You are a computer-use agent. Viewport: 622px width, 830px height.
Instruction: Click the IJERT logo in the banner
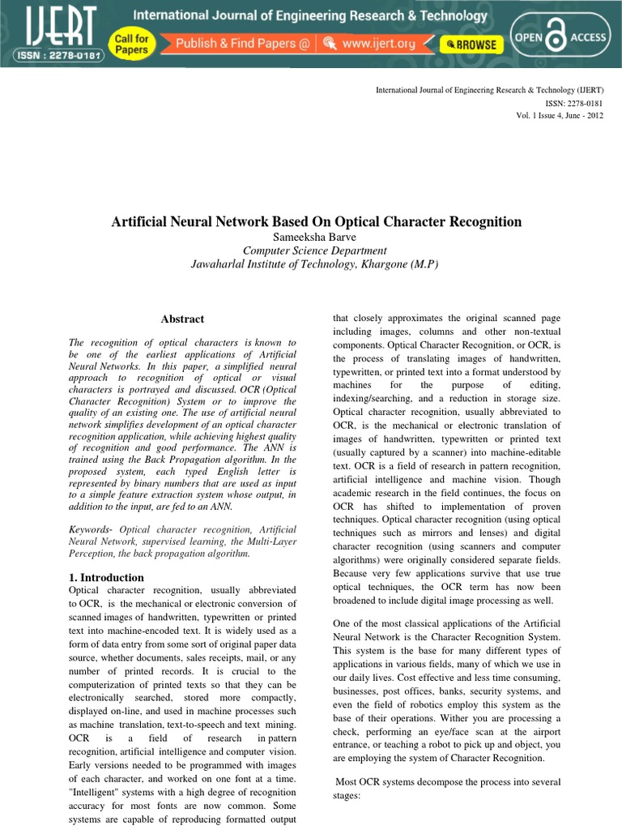pyautogui.click(x=50, y=25)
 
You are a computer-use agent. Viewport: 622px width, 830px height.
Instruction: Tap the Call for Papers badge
pyautogui.click(x=131, y=44)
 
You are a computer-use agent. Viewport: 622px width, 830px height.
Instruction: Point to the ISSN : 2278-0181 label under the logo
pyautogui.click(x=51, y=55)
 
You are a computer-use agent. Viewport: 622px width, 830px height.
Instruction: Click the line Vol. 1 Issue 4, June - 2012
pyautogui.click(x=560, y=116)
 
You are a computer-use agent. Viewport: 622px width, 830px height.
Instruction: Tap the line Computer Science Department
pyautogui.click(x=315, y=250)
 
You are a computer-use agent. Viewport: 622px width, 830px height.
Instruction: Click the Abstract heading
pyautogui.click(x=182, y=319)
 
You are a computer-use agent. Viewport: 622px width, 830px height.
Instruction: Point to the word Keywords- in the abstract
pyautogui.click(x=91, y=529)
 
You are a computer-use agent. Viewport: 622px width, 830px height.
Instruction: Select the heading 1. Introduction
pyautogui.click(x=107, y=578)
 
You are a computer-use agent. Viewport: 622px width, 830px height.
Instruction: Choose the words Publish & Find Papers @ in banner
pyautogui.click(x=243, y=45)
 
